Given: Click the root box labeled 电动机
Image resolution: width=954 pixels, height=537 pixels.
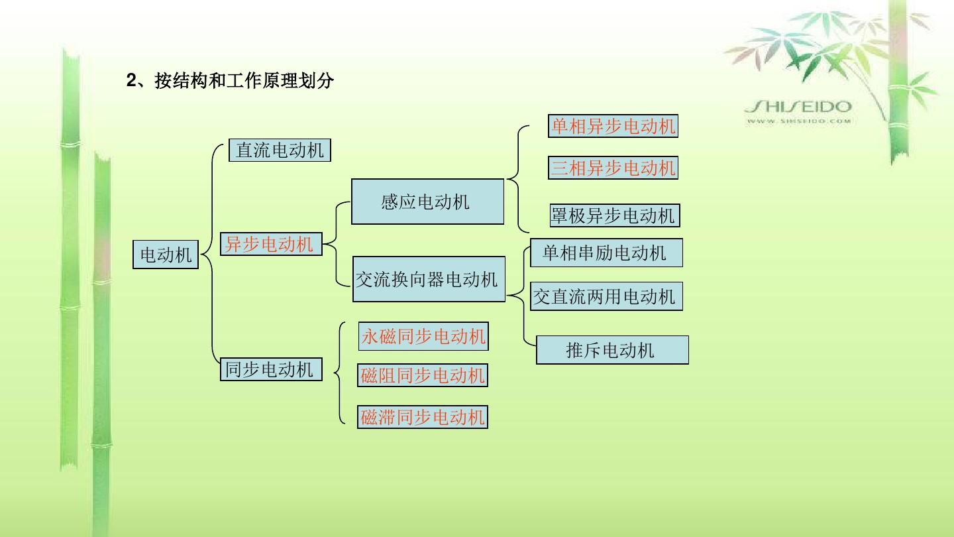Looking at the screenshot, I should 166,255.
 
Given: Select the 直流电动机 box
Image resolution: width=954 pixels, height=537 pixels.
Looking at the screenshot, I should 280,150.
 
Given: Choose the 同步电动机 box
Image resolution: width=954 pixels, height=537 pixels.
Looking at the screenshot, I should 270,369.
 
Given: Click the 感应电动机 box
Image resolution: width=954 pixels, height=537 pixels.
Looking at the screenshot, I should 427,202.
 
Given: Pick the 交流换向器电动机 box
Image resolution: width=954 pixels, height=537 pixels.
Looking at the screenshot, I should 427,279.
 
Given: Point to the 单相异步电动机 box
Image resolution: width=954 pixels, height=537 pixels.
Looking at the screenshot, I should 613,126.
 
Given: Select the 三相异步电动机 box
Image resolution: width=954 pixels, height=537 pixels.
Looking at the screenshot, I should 613,168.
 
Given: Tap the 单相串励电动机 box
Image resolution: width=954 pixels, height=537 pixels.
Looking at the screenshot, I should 606,253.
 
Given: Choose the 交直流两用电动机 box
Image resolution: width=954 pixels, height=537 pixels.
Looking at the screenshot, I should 606,296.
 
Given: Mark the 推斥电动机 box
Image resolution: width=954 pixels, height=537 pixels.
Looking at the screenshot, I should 612,350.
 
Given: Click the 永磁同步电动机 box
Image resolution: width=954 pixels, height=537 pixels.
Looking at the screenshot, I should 423,337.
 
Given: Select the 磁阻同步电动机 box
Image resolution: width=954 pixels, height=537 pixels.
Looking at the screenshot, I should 423,376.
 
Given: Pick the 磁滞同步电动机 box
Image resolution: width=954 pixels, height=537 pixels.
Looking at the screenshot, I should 423,417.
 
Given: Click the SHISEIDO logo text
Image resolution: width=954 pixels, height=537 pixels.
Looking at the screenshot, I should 798,107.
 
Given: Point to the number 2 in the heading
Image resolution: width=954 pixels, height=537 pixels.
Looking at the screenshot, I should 131,82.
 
